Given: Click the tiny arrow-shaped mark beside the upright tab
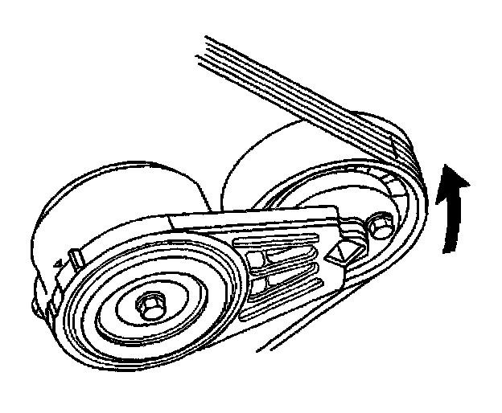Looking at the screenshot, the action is pos(57,263).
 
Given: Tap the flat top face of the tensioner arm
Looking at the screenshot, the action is pos(241,221).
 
